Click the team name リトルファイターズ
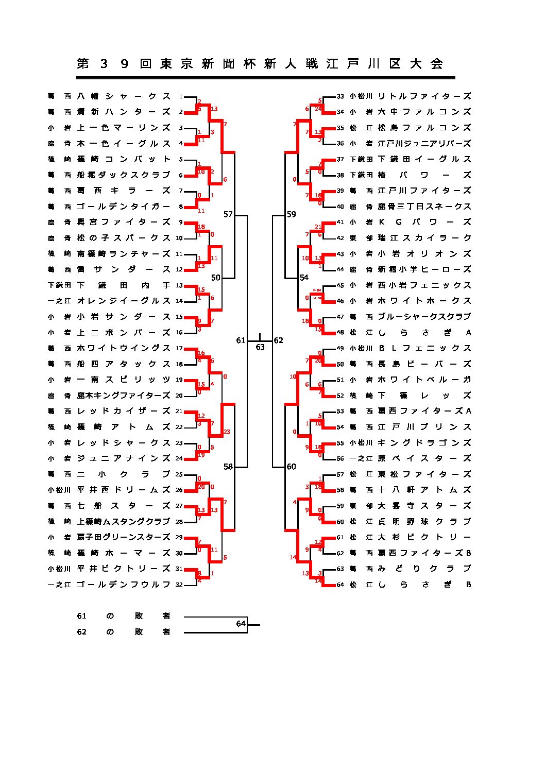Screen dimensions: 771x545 click(x=424, y=96)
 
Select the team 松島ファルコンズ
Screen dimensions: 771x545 click(x=424, y=128)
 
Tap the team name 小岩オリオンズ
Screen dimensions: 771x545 click(x=424, y=254)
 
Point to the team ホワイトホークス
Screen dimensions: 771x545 click(x=424, y=301)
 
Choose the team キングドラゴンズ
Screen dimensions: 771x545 click(x=424, y=443)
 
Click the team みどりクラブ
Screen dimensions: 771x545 click(x=424, y=569)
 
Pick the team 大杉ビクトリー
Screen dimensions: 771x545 click(x=424, y=537)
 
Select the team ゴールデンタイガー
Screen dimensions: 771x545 click(x=123, y=207)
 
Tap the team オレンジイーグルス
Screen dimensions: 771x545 click(x=123, y=301)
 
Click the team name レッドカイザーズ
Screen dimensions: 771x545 click(x=123, y=411)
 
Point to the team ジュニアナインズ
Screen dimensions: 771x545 click(x=123, y=458)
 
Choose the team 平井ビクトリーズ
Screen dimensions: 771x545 click(x=123, y=569)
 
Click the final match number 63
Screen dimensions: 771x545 click(x=260, y=348)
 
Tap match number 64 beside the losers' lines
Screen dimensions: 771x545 click(x=241, y=624)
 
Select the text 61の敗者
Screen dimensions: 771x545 click(x=123, y=616)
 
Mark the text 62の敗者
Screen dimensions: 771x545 click(x=123, y=632)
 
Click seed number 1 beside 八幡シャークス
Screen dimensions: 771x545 click(x=181, y=96)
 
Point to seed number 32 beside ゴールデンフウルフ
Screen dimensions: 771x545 click(x=179, y=585)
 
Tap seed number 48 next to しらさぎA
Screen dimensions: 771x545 click(x=340, y=333)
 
